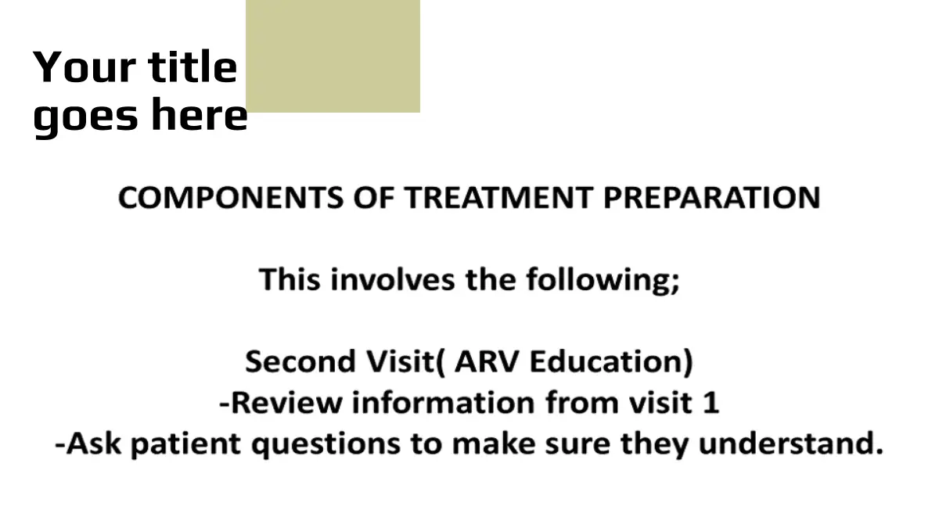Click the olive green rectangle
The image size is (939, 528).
[x=333, y=56]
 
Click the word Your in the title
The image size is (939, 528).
[x=85, y=67]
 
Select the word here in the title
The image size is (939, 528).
[x=200, y=114]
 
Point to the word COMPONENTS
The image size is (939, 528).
[x=231, y=197]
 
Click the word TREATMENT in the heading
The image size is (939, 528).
[x=498, y=197]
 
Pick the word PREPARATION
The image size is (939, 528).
[x=712, y=197]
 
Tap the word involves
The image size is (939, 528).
[x=393, y=279]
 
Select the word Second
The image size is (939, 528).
[x=300, y=361]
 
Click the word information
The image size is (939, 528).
[x=444, y=402]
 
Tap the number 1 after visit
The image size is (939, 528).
[x=711, y=402]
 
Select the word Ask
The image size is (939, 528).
[x=93, y=444]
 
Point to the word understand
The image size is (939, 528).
[x=786, y=444]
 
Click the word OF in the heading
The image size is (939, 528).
[x=374, y=197]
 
